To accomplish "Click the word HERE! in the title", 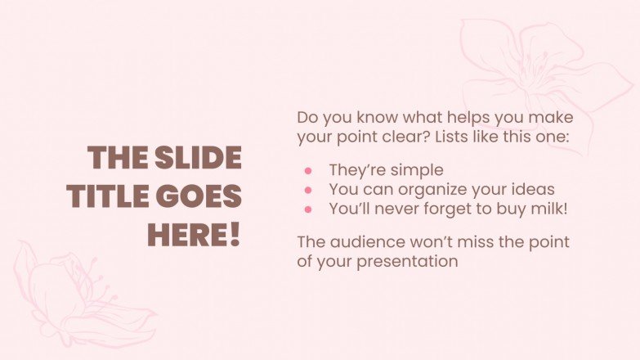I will (x=194, y=235).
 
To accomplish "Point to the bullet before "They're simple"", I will (x=308, y=171).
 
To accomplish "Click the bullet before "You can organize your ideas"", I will (x=308, y=190).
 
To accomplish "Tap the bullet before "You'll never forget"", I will (x=308, y=209).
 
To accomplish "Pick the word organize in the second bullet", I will (x=452, y=190).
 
